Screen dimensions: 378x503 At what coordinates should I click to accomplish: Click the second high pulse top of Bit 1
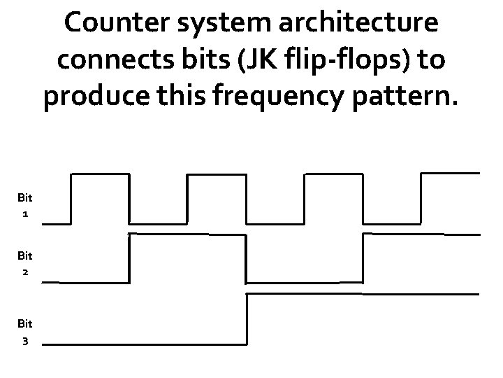[217, 174]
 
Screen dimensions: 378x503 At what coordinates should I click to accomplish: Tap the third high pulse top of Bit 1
[334, 174]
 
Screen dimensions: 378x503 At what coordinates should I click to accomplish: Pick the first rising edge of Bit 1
[71, 199]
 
